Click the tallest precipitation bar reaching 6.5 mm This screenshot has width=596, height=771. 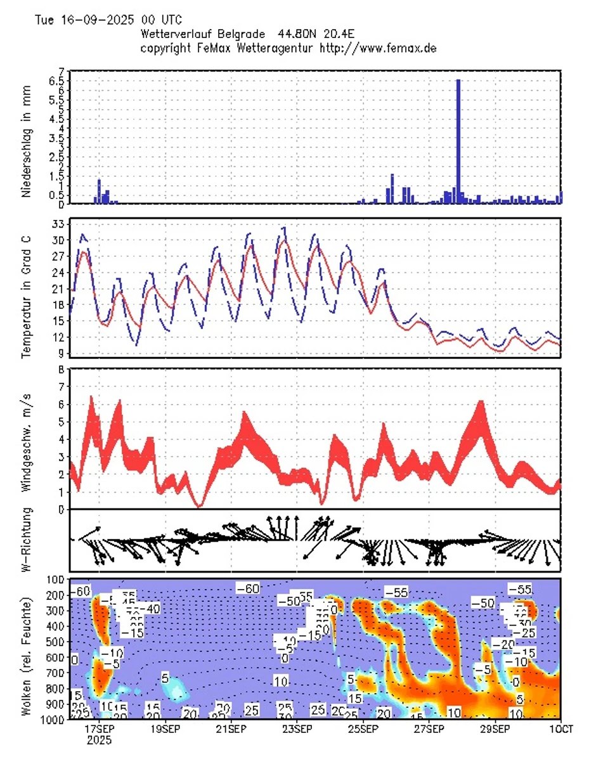(x=458, y=139)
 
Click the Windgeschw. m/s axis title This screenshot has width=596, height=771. (x=26, y=439)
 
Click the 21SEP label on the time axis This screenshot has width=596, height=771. (x=230, y=729)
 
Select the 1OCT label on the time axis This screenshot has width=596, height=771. (x=560, y=729)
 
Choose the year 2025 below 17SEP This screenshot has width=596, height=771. (x=100, y=740)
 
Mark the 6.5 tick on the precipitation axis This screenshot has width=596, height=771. (x=56, y=81)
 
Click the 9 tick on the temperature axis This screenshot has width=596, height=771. (x=62, y=353)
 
